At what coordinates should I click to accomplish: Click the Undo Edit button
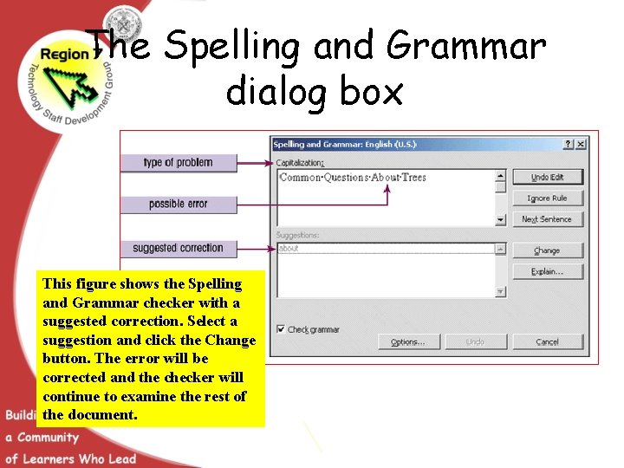(547, 177)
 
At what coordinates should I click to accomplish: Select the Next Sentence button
(547, 219)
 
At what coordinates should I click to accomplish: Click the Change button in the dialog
(547, 250)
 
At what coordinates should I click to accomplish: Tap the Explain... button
(547, 271)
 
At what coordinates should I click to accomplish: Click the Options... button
(408, 341)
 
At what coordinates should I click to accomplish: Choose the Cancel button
(547, 341)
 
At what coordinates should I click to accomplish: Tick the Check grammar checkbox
(281, 329)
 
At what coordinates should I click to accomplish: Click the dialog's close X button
(581, 144)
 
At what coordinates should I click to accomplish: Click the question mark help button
(569, 144)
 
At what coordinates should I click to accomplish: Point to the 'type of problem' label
(178, 163)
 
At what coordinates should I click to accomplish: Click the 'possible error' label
(178, 205)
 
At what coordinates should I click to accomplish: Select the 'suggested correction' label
(178, 248)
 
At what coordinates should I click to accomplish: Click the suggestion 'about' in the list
(289, 249)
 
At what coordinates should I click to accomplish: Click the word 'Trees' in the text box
(414, 178)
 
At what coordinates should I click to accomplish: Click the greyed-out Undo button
(476, 341)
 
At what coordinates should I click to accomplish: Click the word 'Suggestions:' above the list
(298, 235)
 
